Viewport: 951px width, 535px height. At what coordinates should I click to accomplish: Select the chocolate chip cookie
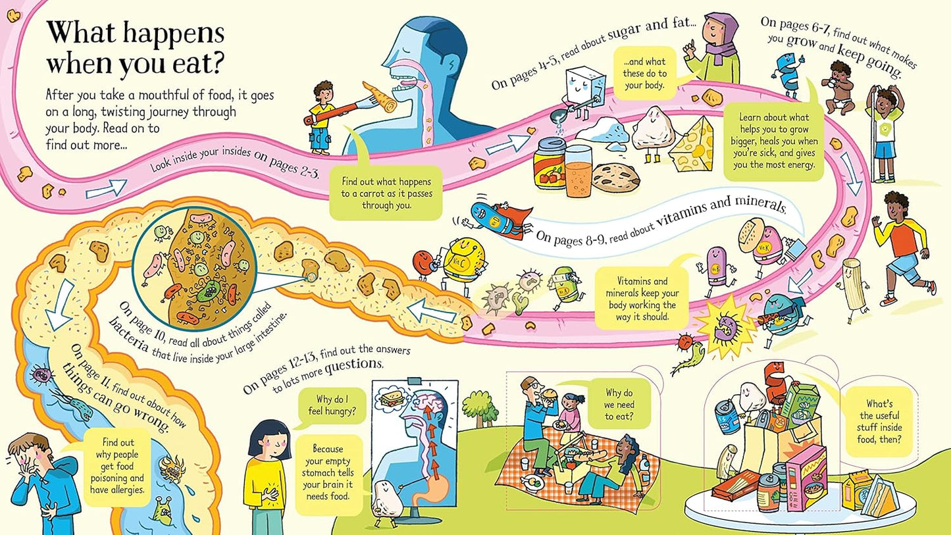(615, 176)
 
